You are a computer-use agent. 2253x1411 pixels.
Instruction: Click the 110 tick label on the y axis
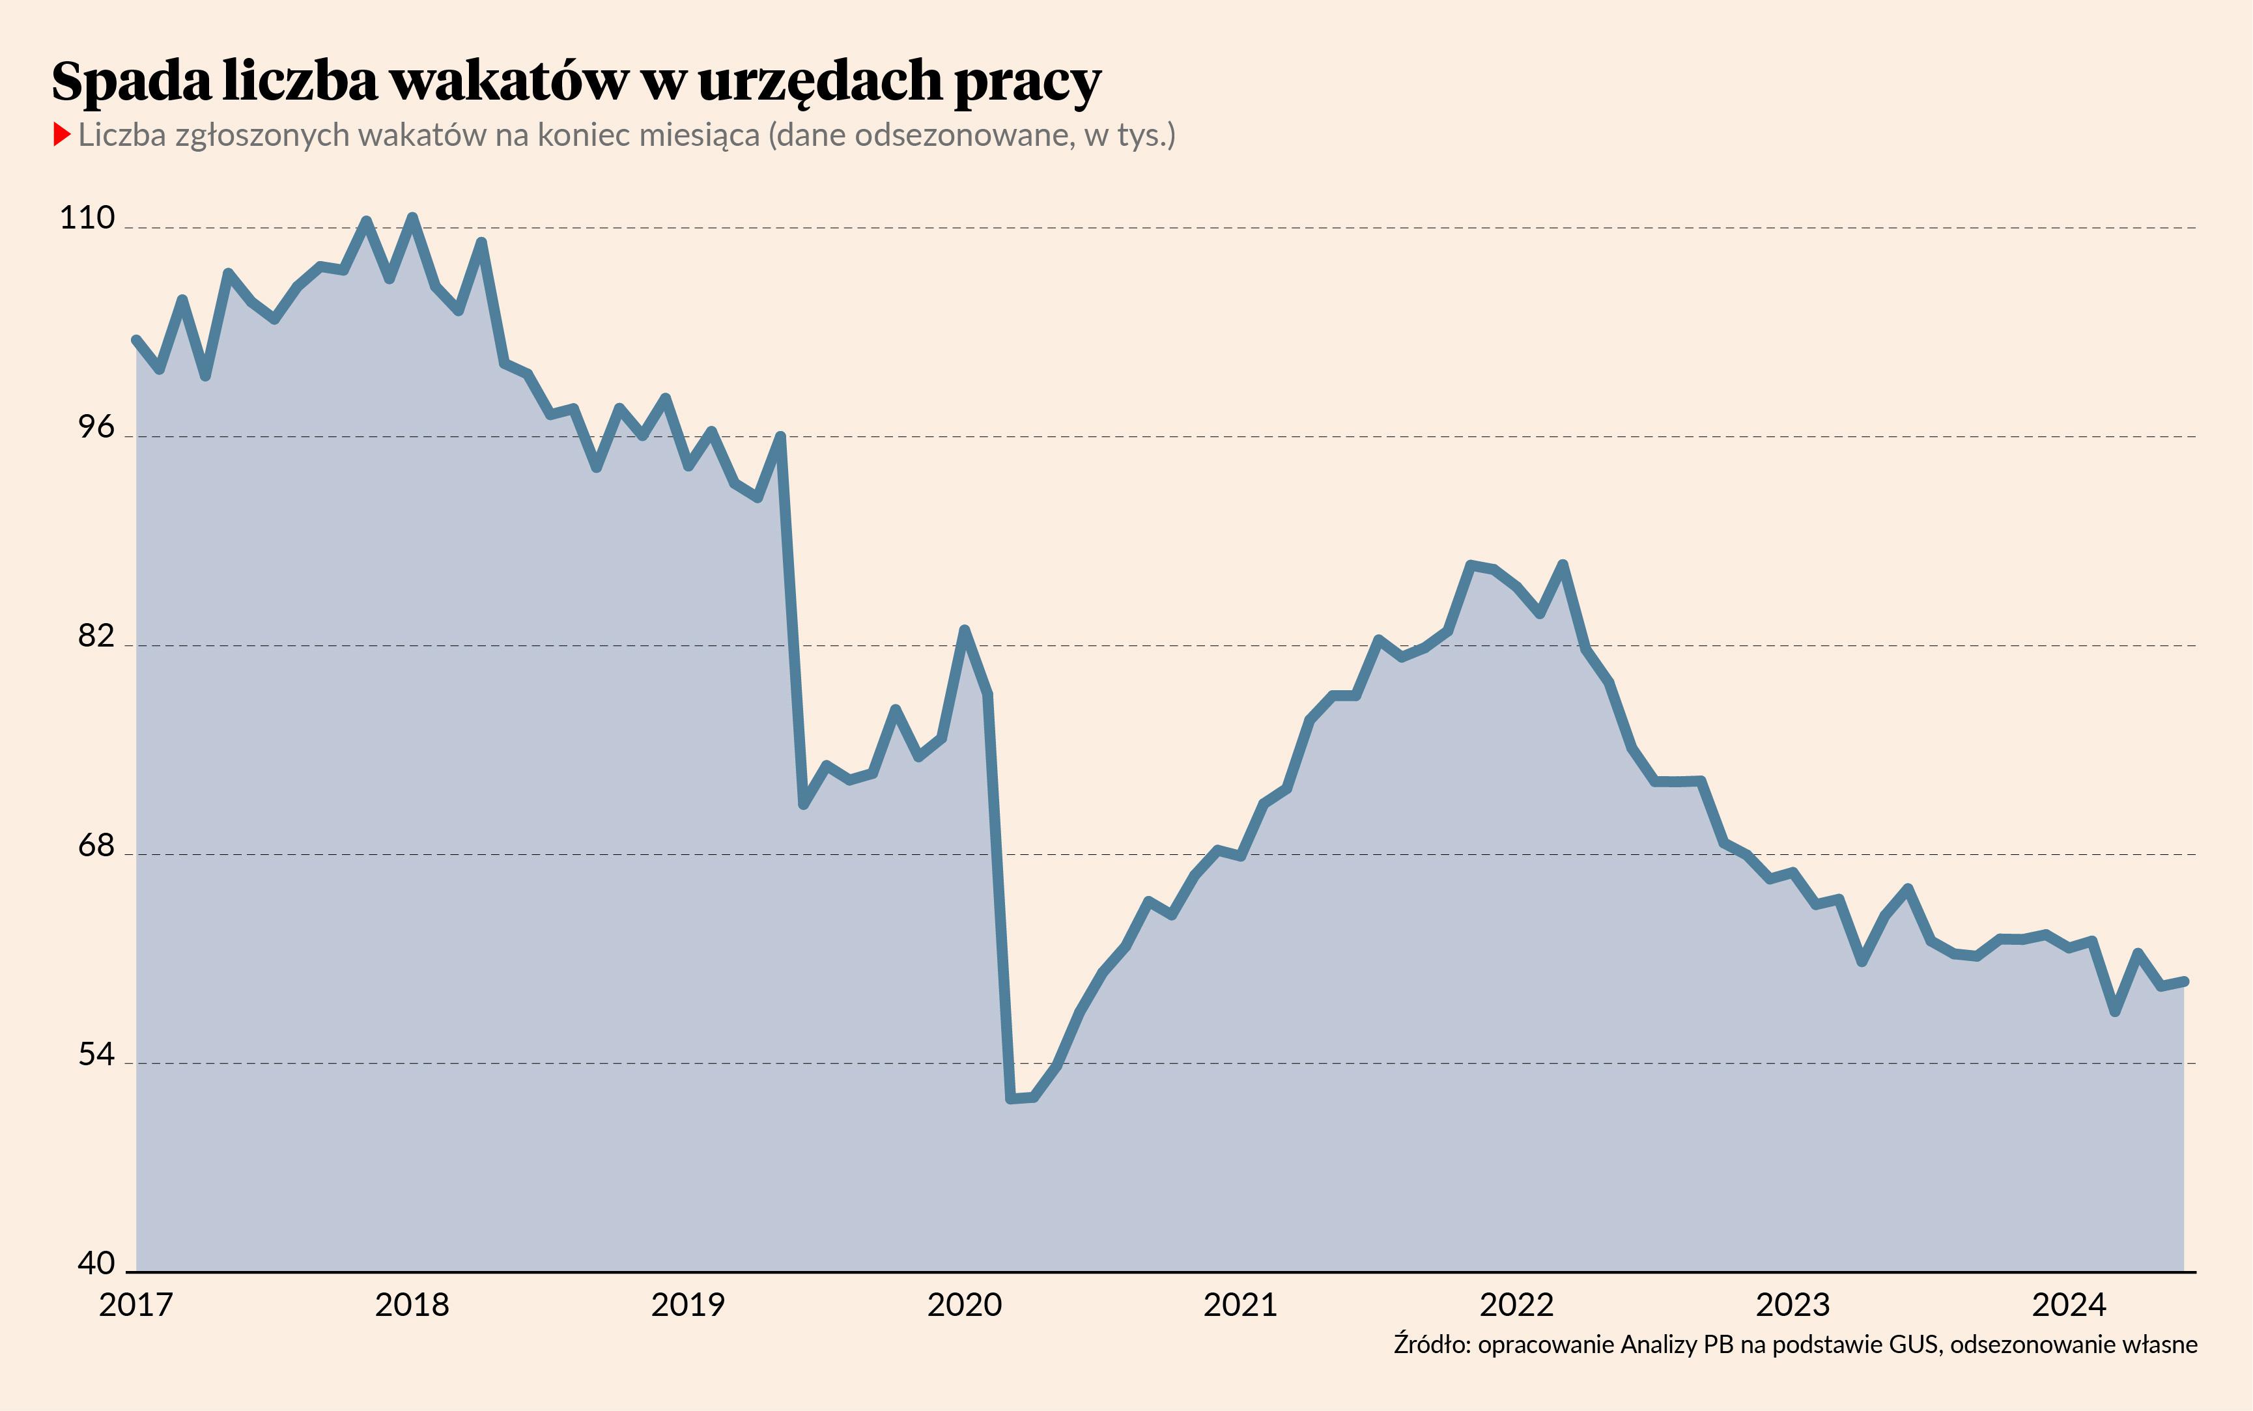click(x=87, y=217)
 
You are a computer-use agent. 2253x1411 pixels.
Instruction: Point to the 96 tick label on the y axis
click(x=95, y=427)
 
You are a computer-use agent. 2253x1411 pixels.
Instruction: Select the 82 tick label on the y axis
click(x=95, y=636)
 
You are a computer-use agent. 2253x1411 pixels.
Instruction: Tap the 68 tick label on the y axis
click(x=95, y=845)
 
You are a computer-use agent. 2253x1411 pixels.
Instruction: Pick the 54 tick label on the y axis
click(x=95, y=1055)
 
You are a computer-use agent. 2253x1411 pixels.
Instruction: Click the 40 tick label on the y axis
click(x=95, y=1264)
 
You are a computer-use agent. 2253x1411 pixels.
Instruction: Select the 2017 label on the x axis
click(x=136, y=1305)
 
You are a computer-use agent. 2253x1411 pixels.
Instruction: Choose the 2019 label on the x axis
click(x=688, y=1305)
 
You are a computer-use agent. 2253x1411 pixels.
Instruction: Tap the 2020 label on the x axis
click(x=964, y=1305)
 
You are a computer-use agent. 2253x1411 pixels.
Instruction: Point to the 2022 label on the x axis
click(x=1516, y=1305)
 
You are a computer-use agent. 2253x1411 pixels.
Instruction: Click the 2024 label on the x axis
click(x=2069, y=1305)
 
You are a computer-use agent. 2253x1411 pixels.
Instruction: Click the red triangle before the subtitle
click(x=62, y=134)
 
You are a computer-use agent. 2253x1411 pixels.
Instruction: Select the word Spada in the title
click(x=131, y=82)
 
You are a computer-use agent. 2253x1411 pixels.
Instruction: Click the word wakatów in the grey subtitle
click(x=416, y=135)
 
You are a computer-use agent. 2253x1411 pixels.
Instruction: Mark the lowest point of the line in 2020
click(x=1011, y=1099)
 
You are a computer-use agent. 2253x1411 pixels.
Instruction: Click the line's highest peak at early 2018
click(x=412, y=217)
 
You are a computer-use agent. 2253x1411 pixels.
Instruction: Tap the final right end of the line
click(x=2185, y=981)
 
